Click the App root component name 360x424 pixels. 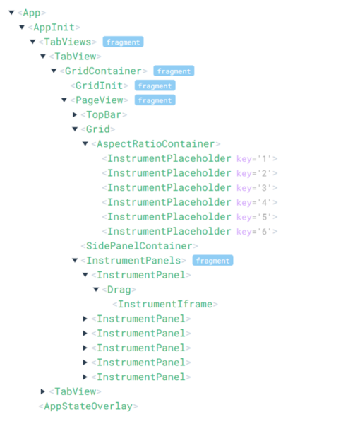[32, 13]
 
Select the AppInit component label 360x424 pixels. [54, 28]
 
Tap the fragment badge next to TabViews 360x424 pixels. [123, 42]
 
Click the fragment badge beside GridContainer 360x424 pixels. [174, 71]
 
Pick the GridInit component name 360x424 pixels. [99, 86]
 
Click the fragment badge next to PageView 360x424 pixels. [155, 100]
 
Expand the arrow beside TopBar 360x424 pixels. [75, 114]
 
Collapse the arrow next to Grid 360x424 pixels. [75, 129]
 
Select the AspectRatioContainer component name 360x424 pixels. [156, 144]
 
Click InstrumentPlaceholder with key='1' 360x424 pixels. [169, 158]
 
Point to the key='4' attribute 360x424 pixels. [253, 203]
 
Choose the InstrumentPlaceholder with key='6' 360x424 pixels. [169, 232]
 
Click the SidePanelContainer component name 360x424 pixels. [139, 246]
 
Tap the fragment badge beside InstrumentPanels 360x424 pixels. [212, 260]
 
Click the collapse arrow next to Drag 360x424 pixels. [96, 290]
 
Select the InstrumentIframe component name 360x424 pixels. [165, 304]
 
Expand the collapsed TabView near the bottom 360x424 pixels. [43, 391]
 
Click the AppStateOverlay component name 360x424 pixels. [88, 406]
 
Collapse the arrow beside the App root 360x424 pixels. [11, 13]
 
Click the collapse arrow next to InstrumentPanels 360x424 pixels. [75, 260]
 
